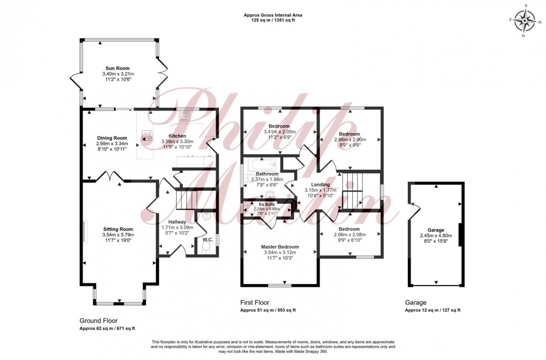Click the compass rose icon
tap(525, 21)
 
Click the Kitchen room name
tap(177, 136)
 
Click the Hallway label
tap(177, 222)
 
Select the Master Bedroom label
tap(280, 247)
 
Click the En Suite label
tap(266, 204)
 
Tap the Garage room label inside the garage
tap(436, 230)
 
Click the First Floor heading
tap(255, 303)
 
